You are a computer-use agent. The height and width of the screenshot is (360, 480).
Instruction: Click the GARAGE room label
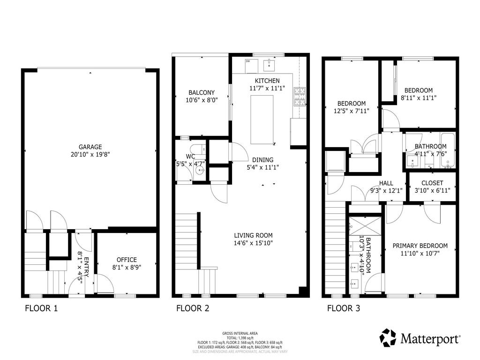90,147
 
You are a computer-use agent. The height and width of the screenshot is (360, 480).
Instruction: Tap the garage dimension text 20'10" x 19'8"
90,154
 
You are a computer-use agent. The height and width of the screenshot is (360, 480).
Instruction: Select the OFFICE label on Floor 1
127,260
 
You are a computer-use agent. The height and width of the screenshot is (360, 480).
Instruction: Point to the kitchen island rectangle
262,120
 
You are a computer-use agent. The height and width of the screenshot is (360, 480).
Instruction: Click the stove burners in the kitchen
299,97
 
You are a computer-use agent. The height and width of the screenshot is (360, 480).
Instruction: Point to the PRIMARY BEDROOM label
420,246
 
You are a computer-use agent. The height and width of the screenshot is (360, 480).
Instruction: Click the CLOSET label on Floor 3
432,183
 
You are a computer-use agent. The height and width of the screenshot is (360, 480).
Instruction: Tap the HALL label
386,183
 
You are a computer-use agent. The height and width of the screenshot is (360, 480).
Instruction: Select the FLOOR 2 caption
192,308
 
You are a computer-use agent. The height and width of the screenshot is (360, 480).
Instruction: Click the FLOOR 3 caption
344,308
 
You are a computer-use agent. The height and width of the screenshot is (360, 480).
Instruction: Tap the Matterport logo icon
388,337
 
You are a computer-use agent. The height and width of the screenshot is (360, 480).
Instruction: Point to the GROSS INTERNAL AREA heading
240,333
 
